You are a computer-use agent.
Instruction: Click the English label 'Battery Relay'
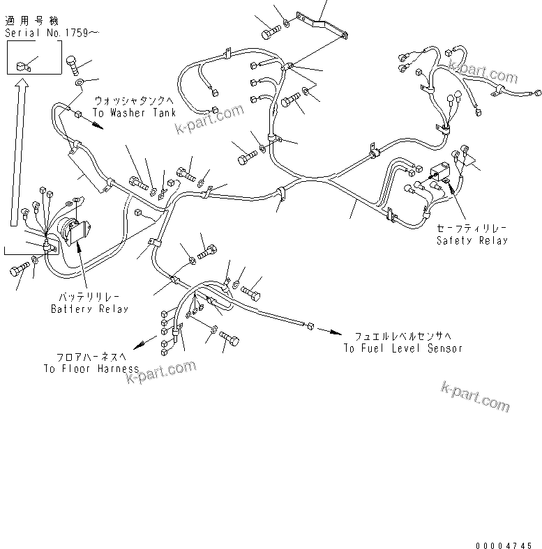[x=89, y=308]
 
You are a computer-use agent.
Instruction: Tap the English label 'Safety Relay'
[x=472, y=240]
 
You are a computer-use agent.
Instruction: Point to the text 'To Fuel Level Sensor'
[x=402, y=348]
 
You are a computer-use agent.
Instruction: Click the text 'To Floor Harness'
[x=90, y=369]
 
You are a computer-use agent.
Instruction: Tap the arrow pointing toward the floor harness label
[x=145, y=342]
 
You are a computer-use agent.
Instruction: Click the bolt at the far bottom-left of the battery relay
[x=19, y=271]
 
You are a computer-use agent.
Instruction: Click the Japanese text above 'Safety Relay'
[x=472, y=228]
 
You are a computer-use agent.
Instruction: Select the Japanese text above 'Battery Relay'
[x=89, y=296]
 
